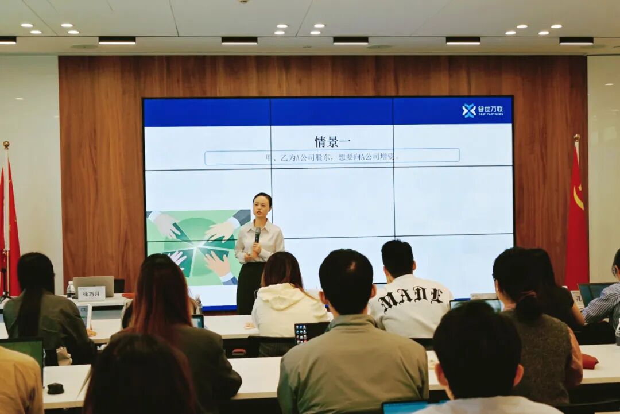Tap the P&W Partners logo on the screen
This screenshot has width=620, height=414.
(482, 110)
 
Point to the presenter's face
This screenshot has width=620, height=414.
(262, 208)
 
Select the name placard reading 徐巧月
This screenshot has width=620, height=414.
(92, 293)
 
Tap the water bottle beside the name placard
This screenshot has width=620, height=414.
(71, 290)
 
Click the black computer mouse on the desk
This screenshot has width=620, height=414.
(55, 388)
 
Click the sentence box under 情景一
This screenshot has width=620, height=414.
(332, 156)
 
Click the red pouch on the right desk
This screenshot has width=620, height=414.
(590, 361)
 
